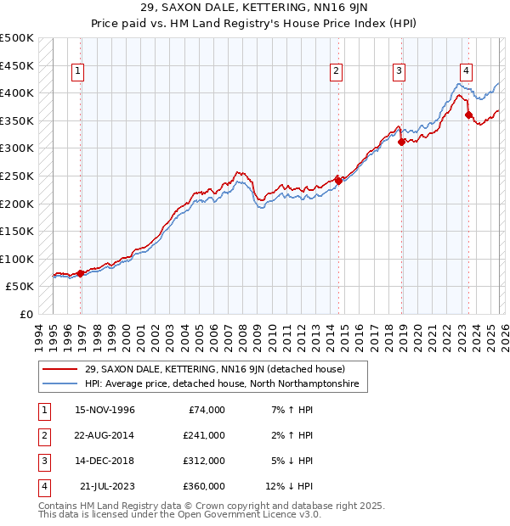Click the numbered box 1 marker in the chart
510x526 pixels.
coord(77,72)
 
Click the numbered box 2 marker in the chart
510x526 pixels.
coord(337,72)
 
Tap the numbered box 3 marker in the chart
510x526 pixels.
coord(399,72)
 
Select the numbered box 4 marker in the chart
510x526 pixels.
coord(467,72)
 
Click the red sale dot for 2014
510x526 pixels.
coord(338,180)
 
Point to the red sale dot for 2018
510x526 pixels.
coord(401,142)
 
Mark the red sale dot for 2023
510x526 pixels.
coord(468,115)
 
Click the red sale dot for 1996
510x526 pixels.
coord(81,273)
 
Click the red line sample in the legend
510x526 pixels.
coord(61,369)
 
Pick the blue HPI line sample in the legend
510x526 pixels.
coord(61,384)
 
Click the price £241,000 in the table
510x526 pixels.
coord(204,434)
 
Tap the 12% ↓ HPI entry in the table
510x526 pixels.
coord(289,486)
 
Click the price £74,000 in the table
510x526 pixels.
coord(207,409)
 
